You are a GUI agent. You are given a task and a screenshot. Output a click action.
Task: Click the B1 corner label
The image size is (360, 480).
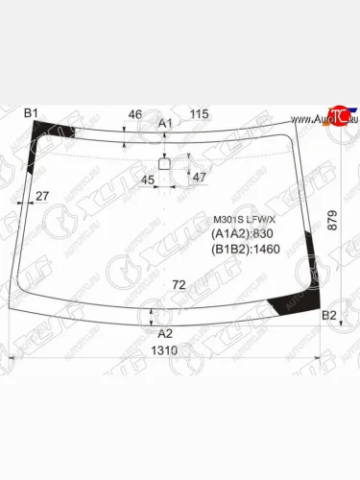[x=30, y=114]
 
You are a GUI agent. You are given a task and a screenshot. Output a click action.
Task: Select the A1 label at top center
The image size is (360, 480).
[x=165, y=123]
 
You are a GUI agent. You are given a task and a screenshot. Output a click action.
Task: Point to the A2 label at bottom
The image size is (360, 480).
[x=165, y=333]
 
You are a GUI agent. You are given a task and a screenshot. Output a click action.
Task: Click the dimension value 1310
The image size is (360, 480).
[x=165, y=351]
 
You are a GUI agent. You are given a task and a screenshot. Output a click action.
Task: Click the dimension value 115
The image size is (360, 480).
[x=199, y=114]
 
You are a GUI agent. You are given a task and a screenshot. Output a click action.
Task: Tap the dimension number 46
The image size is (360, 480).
[x=135, y=114]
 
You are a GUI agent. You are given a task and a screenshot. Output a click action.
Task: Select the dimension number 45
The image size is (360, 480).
[x=148, y=179]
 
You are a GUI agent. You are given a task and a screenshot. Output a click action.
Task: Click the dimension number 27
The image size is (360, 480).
[x=41, y=197]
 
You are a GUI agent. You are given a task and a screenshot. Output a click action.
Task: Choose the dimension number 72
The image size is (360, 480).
[x=179, y=285]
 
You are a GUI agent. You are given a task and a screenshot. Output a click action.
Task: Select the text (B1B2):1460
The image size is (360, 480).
[x=246, y=251]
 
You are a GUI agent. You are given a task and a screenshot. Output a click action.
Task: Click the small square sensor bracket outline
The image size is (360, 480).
[x=164, y=163]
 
